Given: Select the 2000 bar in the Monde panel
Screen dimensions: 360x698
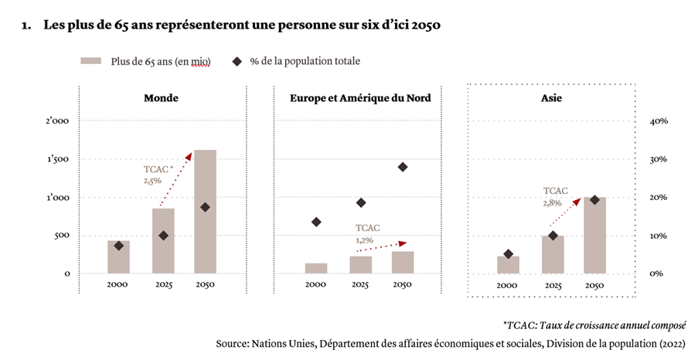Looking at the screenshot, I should [118, 256].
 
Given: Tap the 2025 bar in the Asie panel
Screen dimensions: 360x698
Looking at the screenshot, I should [553, 254].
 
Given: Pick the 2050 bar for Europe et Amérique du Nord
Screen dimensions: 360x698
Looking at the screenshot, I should [403, 262].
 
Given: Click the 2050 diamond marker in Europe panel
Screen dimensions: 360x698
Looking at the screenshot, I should [403, 167].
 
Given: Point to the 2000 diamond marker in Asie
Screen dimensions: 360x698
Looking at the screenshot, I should [507, 254].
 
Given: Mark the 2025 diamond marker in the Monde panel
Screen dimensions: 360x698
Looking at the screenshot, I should [163, 236].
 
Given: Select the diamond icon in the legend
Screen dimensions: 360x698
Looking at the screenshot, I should [238, 61].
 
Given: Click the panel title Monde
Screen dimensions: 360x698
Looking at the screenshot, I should [161, 98].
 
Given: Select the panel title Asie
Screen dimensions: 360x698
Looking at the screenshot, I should [552, 98].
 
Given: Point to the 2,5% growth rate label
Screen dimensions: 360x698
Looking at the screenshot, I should [152, 180].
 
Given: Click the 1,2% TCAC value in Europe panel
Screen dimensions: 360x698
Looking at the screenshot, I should [364, 240].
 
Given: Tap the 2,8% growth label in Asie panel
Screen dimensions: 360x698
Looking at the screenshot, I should [553, 202].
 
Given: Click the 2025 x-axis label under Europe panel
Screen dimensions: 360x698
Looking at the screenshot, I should [360, 286].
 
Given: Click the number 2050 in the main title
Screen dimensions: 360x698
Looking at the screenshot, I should [424, 25].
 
